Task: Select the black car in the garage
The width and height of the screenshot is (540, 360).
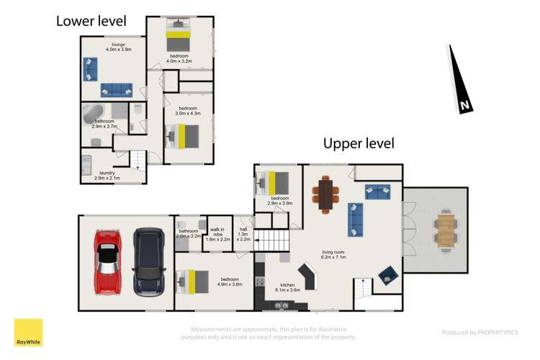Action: click(x=149, y=261)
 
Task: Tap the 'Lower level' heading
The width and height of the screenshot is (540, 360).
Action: click(x=91, y=21)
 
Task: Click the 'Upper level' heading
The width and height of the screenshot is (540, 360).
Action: click(x=359, y=143)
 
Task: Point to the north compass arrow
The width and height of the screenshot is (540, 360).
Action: click(x=459, y=79)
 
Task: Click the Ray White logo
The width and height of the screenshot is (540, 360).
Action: click(x=28, y=333)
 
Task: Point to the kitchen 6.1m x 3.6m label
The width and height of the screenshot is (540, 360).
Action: click(x=288, y=289)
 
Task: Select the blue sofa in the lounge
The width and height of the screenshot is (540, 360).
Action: click(x=116, y=89)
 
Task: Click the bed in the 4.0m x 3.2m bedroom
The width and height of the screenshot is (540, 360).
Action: click(x=178, y=31)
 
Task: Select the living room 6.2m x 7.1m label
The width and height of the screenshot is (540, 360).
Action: click(x=334, y=254)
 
